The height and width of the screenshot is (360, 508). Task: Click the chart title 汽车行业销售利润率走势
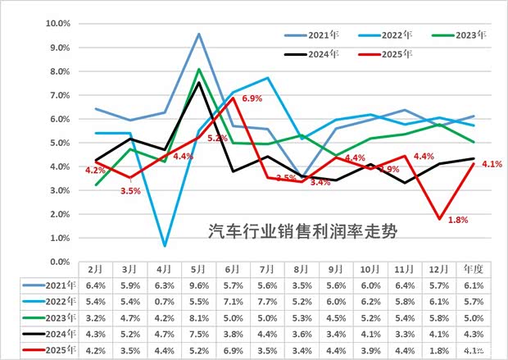coord(302,230)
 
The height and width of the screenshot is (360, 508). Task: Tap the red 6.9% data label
coord(251,99)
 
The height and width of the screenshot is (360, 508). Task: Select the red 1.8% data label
coord(457,220)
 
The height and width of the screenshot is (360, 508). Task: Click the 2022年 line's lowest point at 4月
coord(166,245)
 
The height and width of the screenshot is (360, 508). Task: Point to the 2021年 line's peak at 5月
coord(199,34)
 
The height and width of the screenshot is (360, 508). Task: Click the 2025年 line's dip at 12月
coord(440,219)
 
